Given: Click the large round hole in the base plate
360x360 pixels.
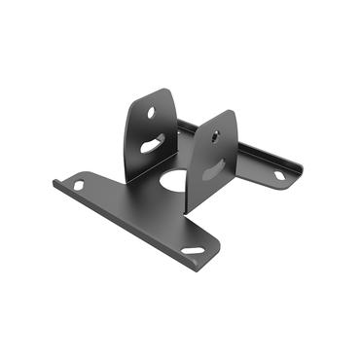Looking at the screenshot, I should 173,180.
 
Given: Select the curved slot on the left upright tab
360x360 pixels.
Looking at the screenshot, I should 152,145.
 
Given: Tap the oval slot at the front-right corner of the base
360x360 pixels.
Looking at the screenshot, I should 194,251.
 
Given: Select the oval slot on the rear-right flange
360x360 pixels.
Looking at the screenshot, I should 279,175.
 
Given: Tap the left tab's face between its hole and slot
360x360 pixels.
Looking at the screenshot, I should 154,127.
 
